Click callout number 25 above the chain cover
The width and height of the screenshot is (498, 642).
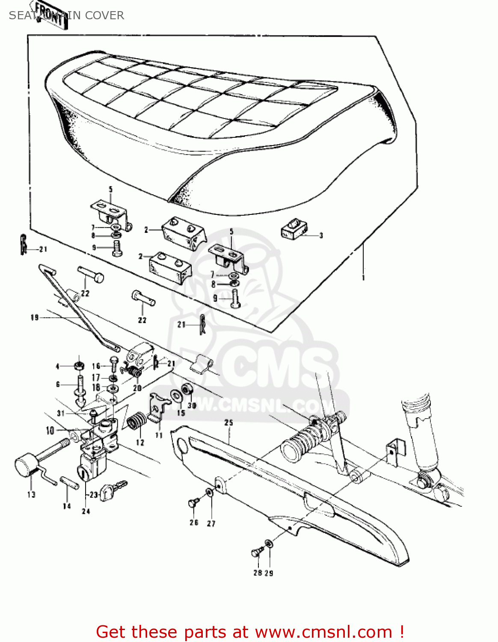[229, 423]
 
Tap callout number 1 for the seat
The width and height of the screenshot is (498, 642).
[364, 278]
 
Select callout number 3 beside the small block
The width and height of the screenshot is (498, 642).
[321, 235]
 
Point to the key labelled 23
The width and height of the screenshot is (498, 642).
[112, 490]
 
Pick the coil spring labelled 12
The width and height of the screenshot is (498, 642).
[137, 421]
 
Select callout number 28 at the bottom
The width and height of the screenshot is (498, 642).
[258, 573]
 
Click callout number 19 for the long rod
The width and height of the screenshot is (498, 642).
[35, 318]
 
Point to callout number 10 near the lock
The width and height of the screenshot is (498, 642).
[50, 431]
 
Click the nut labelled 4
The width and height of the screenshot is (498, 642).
[79, 366]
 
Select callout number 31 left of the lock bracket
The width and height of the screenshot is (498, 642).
[61, 413]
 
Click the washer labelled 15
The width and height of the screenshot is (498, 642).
[176, 396]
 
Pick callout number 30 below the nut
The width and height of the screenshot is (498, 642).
[192, 405]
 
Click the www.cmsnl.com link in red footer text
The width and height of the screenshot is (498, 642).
[323, 632]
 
